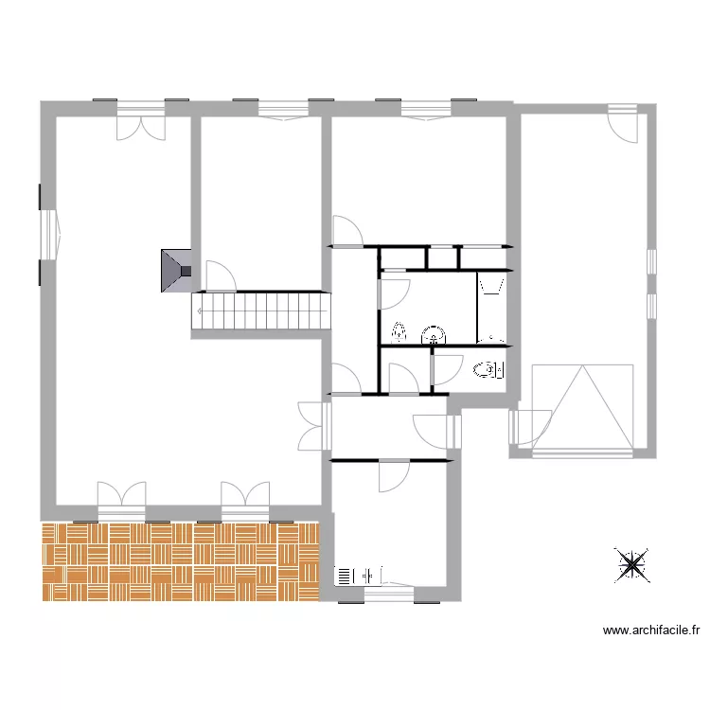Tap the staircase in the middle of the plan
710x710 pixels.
point(261,310)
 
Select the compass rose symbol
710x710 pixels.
point(631,564)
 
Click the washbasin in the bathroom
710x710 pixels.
point(434,334)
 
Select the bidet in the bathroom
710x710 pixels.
point(399,332)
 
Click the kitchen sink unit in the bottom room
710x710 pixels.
point(359,574)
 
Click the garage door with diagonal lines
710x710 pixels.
point(582,407)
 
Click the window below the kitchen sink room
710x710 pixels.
point(389,594)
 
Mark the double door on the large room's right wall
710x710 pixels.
point(314,426)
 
